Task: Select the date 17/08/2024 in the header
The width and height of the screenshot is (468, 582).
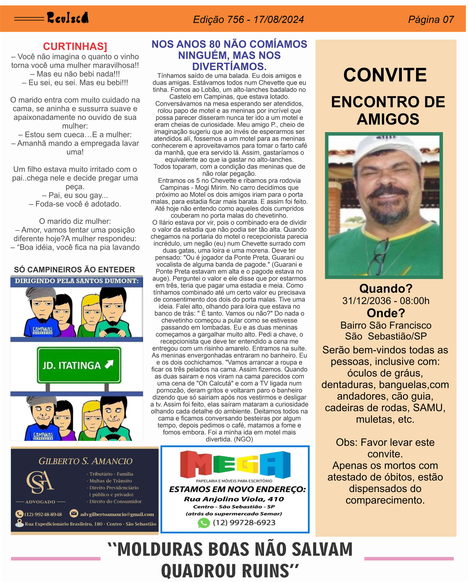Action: tap(279, 19)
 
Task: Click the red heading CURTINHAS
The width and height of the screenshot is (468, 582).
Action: tap(75, 46)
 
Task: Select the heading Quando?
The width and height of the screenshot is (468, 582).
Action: tap(386, 289)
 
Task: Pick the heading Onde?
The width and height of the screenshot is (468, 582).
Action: tap(386, 313)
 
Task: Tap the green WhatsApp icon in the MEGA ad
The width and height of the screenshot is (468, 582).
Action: tap(204, 523)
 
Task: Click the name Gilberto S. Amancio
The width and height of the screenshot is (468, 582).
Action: tap(85, 461)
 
